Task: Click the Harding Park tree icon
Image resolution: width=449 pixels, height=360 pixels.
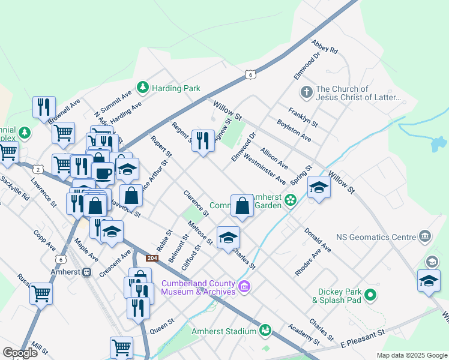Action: (143, 88)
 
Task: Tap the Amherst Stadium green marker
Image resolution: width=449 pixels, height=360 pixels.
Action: (265, 330)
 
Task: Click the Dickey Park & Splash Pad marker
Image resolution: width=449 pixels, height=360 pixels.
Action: (371, 295)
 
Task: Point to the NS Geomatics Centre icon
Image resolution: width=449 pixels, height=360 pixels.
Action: (426, 236)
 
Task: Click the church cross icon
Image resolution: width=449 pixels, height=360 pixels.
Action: (306, 92)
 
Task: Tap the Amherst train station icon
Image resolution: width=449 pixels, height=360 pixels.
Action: (87, 272)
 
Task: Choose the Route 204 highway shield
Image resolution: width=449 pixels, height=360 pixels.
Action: (152, 258)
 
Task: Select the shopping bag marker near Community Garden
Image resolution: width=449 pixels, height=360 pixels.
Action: (242, 206)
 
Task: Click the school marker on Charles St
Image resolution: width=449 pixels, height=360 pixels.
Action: (228, 238)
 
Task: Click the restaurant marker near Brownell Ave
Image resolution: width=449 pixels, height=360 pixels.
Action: (44, 107)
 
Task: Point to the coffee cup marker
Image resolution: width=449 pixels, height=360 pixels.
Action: (103, 173)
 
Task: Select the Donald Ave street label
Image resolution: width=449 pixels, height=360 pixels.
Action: (317, 239)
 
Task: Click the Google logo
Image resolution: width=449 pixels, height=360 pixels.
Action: (20, 352)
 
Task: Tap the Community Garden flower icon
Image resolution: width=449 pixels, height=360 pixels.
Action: (291, 200)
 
